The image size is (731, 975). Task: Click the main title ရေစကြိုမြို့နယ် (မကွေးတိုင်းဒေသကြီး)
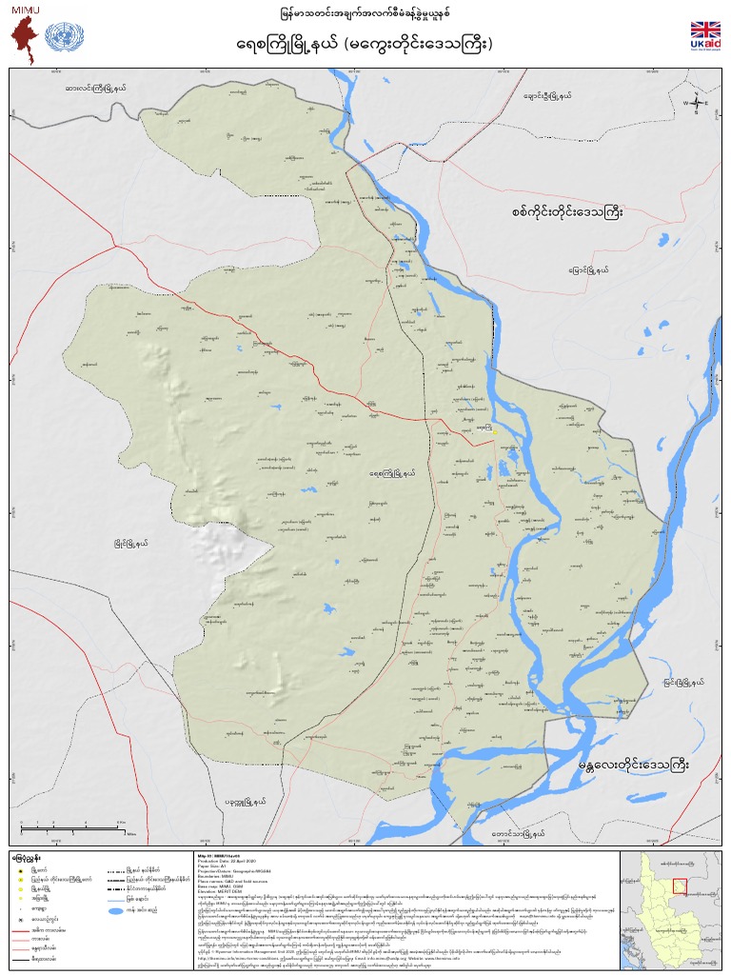pyautogui.click(x=365, y=44)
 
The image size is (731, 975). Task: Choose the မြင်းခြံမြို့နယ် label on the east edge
pyautogui.click(x=684, y=682)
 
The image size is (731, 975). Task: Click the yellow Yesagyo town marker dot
pyautogui.click(x=495, y=432)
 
